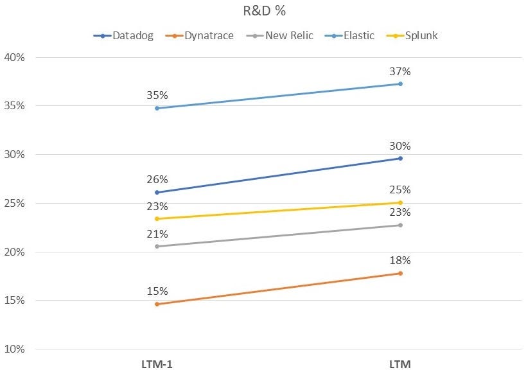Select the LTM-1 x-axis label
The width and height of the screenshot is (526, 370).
click(157, 364)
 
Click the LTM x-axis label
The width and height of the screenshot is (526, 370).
click(400, 364)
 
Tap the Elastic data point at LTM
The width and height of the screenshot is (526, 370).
click(400, 84)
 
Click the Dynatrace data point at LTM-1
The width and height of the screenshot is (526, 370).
click(157, 304)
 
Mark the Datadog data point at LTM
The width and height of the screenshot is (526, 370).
click(400, 158)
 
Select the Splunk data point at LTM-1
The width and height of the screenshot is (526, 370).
click(157, 218)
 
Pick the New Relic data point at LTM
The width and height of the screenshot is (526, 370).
click(400, 225)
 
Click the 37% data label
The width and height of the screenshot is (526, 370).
click(400, 71)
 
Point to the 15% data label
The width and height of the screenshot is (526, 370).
click(157, 292)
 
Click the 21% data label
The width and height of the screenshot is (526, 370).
click(157, 234)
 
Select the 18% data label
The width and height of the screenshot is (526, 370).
click(400, 261)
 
